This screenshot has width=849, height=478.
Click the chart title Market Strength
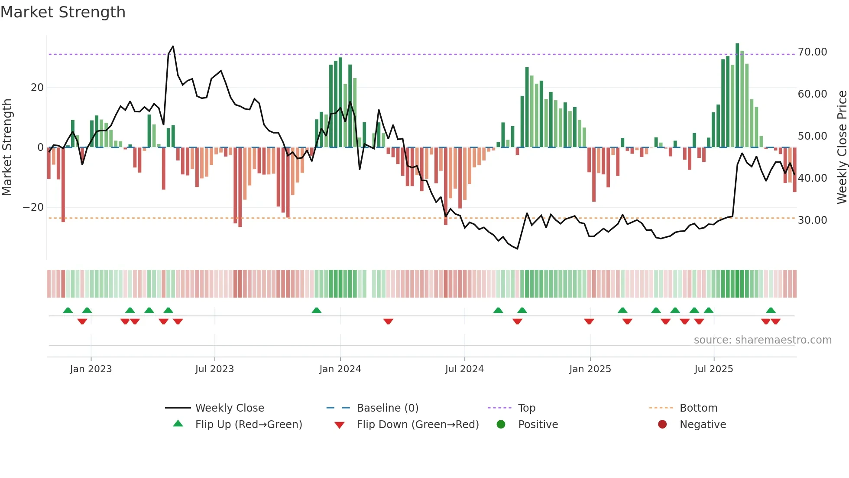pos(63,12)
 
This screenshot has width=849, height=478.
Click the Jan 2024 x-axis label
pos(340,369)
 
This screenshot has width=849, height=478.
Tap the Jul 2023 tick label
pos(214,369)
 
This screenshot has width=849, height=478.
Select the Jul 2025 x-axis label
pos(713,369)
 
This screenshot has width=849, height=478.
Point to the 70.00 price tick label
pos(812,52)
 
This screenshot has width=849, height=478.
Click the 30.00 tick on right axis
pos(812,220)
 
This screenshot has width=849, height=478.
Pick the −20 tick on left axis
pos(33,207)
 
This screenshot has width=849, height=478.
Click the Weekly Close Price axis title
pos(842,147)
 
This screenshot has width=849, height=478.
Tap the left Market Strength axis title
pos(7,147)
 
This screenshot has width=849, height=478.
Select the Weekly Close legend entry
pos(230,408)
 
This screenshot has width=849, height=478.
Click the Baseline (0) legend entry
pos(387,408)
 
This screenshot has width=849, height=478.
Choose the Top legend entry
pos(527,408)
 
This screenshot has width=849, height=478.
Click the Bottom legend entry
pos(698,408)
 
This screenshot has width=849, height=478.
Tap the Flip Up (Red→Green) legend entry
pos(249,425)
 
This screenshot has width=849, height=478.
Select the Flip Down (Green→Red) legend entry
pos(418,425)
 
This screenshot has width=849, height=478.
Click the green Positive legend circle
pos(501,425)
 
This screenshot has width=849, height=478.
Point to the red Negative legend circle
pos(662,425)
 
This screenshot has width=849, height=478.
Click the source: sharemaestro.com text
pos(762,340)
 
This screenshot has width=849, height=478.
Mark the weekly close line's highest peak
pos(173,46)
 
